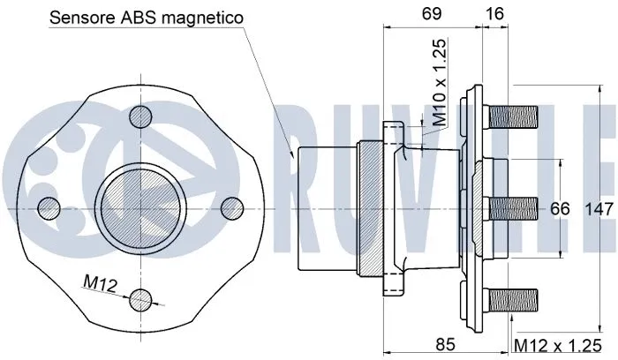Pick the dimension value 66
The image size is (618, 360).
[561, 209]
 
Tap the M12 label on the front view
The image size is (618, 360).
[100, 281]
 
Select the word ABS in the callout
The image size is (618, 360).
[142, 17]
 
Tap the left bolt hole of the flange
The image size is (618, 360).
[49, 208]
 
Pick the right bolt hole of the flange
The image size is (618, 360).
[232, 207]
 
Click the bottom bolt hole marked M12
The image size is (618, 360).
[139, 300]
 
